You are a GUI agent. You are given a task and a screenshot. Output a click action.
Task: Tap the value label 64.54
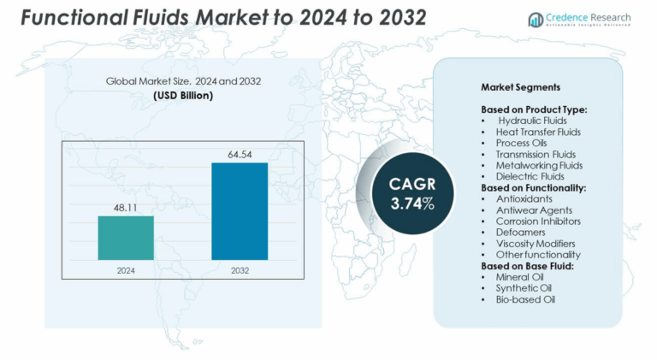click(240, 155)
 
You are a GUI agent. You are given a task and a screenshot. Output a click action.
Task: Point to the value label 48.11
click(126, 208)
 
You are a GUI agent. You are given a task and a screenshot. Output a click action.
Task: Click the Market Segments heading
click(520, 88)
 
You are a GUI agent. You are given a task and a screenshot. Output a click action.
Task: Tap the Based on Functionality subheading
click(534, 187)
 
